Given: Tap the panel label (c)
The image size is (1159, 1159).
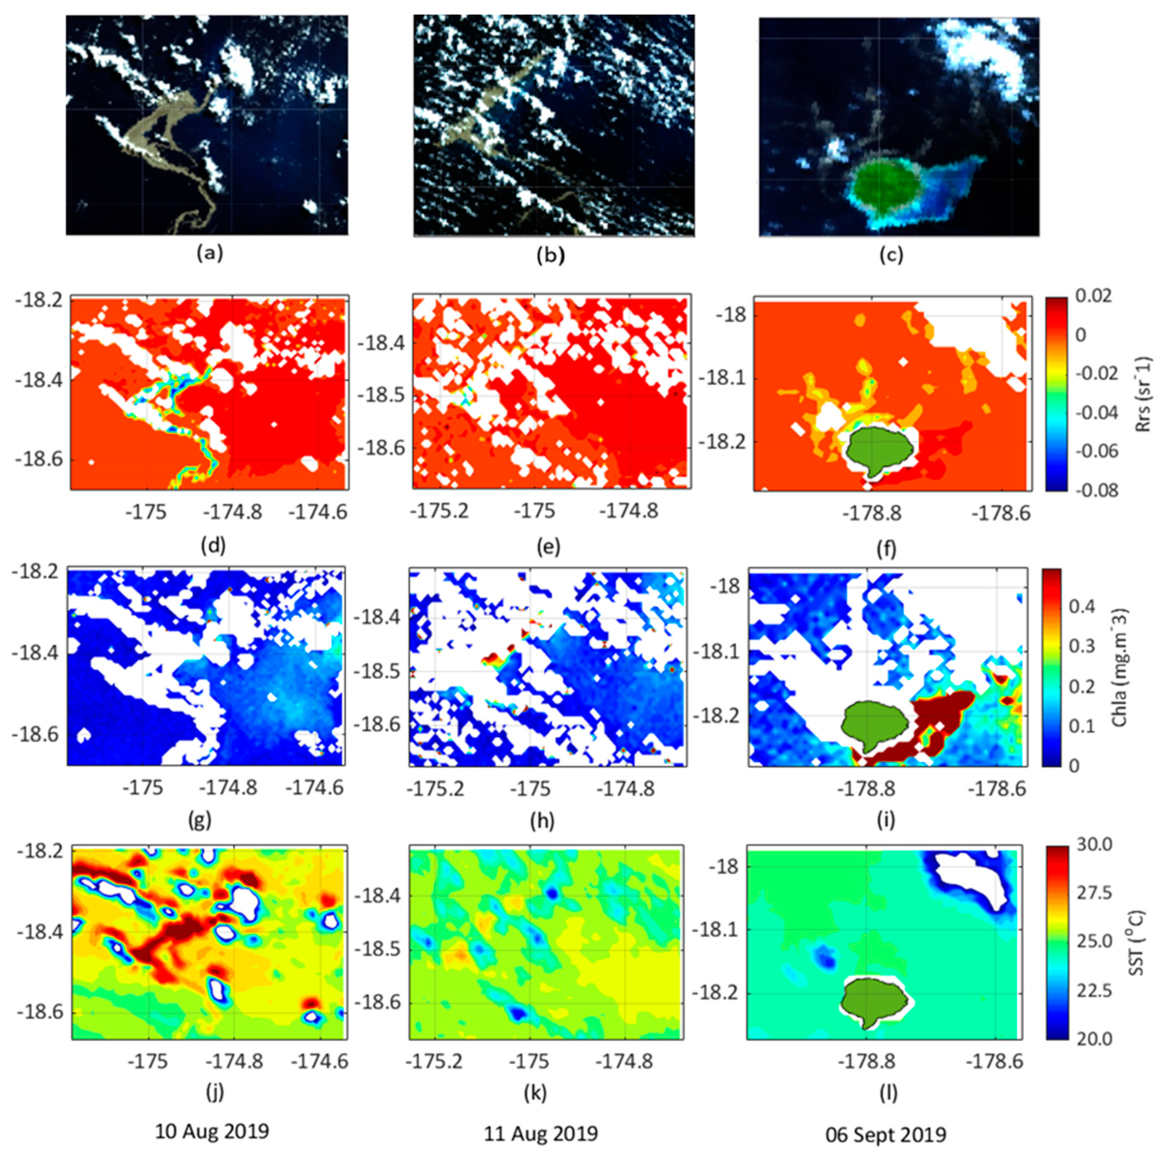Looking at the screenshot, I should pos(891,255).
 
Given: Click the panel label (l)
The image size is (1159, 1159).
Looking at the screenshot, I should pos(887,1092).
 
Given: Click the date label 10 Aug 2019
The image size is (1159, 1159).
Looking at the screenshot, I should pos(212,1131).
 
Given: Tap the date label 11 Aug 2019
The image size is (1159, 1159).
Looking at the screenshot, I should pos(541,1134).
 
